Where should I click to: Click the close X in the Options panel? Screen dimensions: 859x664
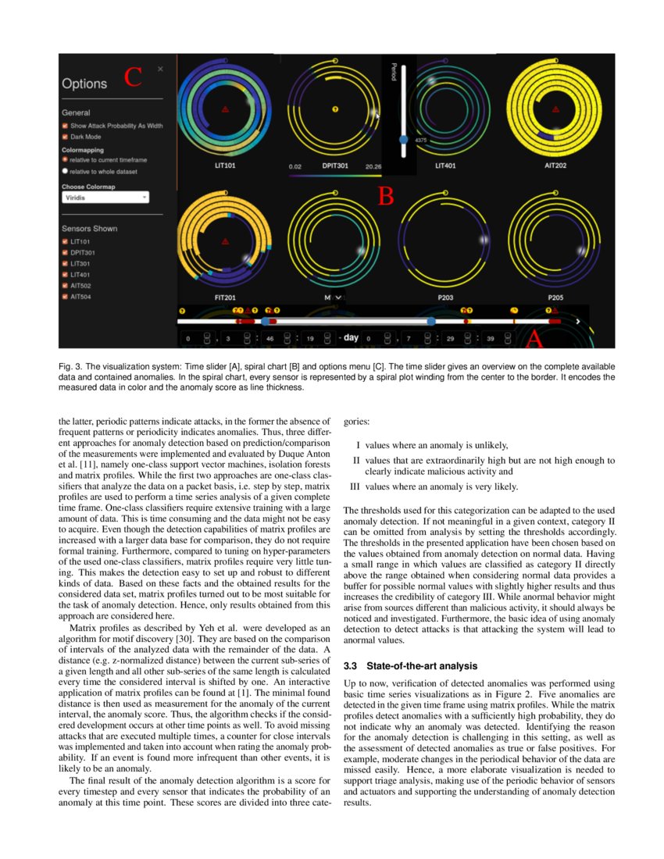[x=160, y=69]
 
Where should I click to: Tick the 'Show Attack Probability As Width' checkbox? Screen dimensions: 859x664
[x=66, y=125]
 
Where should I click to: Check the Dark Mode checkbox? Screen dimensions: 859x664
[x=66, y=137]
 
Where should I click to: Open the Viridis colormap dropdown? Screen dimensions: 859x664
[x=105, y=198]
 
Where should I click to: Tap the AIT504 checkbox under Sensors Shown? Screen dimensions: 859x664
[x=66, y=297]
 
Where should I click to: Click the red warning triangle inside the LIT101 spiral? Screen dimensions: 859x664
[x=225, y=110]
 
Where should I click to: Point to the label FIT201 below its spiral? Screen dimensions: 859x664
[x=226, y=298]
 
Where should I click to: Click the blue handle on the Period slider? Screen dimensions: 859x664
[x=403, y=138]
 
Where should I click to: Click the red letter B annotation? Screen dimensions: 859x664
[x=385, y=197]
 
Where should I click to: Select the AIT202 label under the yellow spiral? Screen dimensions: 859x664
[x=555, y=166]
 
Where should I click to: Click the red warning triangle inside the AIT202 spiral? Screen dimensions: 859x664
[x=555, y=110]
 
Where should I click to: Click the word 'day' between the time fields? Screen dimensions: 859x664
[x=351, y=338]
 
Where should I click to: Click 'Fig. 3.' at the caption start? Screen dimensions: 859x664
[x=70, y=366]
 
